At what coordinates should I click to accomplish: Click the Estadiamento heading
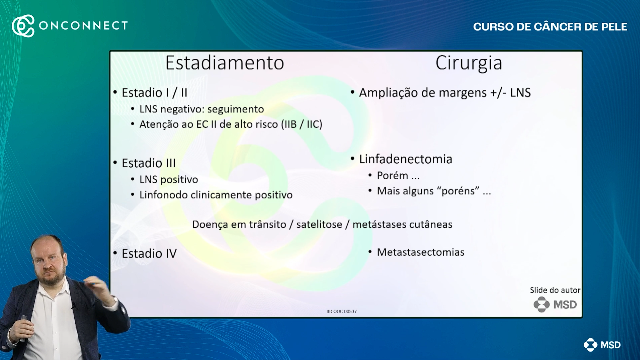coord(224,63)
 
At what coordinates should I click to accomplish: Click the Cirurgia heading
coord(469,63)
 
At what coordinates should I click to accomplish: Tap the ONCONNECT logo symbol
coord(23,26)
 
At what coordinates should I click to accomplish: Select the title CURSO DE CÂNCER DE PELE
coord(550,27)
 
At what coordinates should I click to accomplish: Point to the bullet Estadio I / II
coord(154,93)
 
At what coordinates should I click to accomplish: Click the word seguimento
coord(235,109)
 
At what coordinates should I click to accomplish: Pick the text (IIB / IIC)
coord(301,124)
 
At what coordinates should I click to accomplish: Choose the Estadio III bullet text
coord(148,163)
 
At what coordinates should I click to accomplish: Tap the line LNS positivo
coord(168,179)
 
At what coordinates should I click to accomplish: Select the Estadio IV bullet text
coord(149,254)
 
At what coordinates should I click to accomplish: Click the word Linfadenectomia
coord(406,159)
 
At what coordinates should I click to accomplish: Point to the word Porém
coord(392,175)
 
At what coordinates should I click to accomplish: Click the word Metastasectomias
coord(421,252)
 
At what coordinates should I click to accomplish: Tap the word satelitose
coord(319,225)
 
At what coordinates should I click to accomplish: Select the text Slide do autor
coord(555,290)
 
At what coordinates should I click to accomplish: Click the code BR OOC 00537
coord(342,311)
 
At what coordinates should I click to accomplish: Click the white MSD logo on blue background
coord(602,345)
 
